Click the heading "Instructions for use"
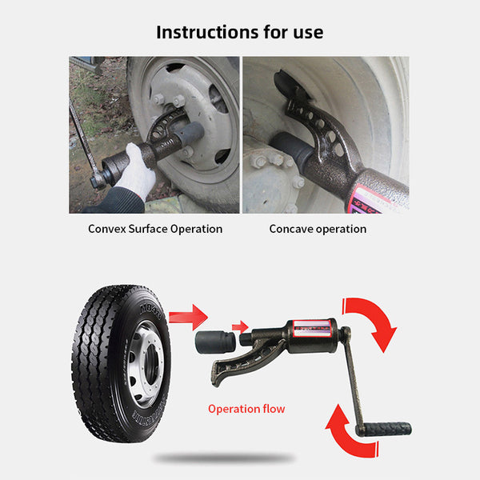tap(240, 32)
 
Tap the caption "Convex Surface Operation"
tap(155, 229)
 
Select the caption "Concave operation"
tap(318, 229)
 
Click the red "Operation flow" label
tap(246, 409)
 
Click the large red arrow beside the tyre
tap(188, 317)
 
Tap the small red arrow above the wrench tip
tap(240, 327)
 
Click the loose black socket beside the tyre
tap(215, 342)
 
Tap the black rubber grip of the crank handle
tap(383, 430)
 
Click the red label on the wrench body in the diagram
tap(311, 327)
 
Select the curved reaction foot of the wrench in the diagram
tap(242, 364)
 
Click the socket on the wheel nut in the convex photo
tap(190, 134)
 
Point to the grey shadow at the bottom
tap(224, 458)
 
